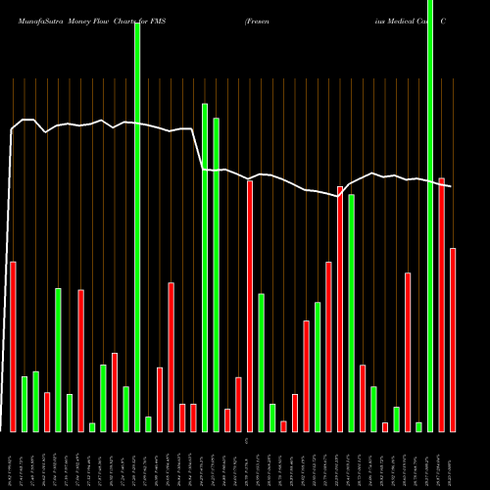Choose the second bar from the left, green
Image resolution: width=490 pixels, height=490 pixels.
click(24, 404)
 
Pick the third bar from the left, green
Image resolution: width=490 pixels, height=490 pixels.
click(35, 401)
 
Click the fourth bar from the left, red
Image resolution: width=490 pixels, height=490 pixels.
click(47, 412)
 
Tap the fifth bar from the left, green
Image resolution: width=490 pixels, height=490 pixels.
click(59, 360)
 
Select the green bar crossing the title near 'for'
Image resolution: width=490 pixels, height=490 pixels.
click(137, 225)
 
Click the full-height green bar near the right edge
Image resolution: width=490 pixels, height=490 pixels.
click(430, 216)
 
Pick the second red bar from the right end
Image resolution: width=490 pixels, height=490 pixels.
click(442, 304)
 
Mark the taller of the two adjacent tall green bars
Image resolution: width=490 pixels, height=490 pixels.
click(205, 267)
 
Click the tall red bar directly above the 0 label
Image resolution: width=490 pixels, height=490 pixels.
click(250, 306)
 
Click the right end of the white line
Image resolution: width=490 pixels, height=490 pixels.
click(451, 185)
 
